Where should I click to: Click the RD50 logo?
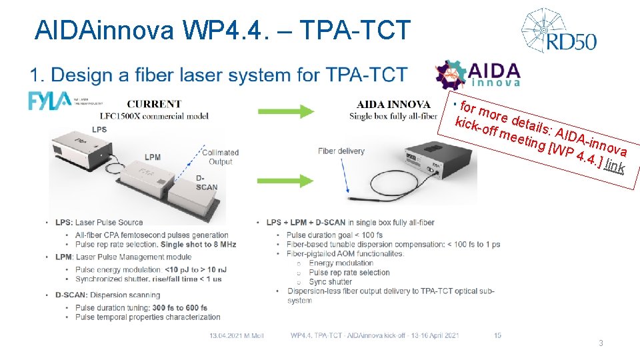(x=559, y=31)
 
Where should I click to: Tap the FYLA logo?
(x=49, y=101)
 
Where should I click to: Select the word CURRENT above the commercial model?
(x=154, y=104)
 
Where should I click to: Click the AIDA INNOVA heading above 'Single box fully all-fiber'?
(x=393, y=104)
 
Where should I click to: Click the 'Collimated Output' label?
(x=220, y=157)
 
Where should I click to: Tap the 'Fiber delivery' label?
(x=341, y=151)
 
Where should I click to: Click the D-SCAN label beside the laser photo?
(x=207, y=183)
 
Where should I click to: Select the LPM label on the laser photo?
(x=153, y=157)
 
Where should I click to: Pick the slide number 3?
(x=601, y=343)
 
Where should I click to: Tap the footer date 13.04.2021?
(x=225, y=335)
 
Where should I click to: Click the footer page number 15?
(x=497, y=335)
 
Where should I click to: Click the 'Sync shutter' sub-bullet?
(x=331, y=282)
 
